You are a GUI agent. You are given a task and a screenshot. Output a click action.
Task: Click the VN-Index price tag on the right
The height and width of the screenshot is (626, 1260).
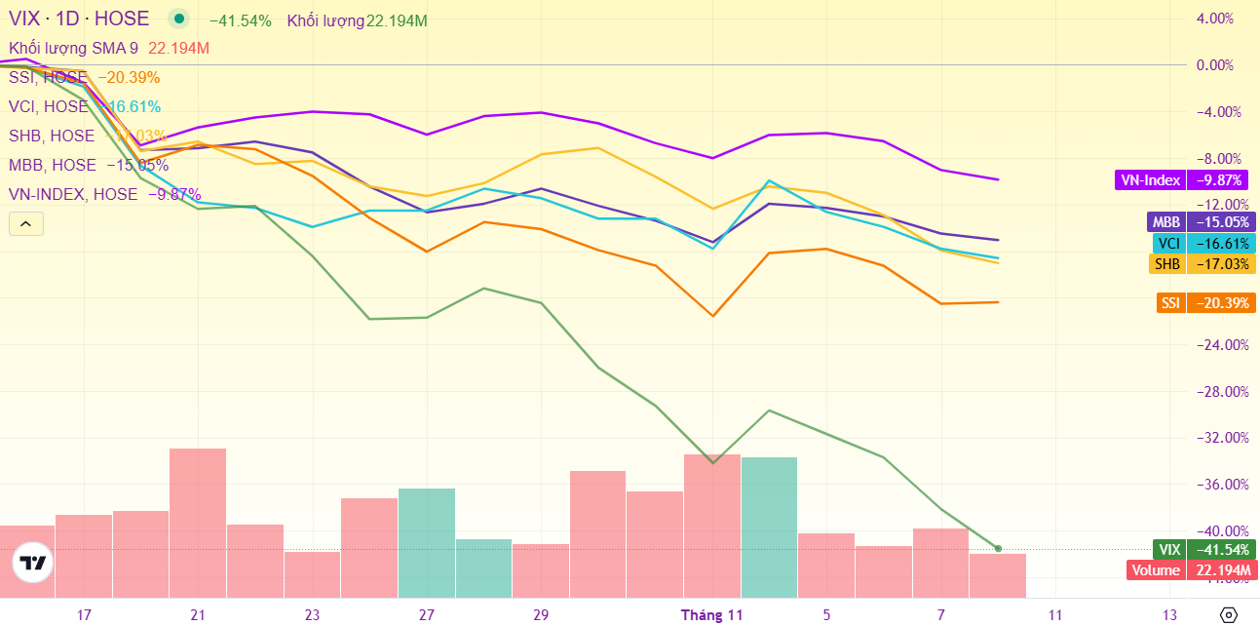point(1183,180)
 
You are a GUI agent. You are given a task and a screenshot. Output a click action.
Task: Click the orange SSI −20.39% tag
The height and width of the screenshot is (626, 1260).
point(1206,303)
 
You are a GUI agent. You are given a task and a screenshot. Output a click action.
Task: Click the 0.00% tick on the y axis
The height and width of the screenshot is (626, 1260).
point(1214,65)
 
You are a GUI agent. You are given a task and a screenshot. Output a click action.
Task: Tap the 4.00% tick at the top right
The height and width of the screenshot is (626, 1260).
point(1214,19)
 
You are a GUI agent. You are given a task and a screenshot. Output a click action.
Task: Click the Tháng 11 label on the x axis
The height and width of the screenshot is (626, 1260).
point(710,615)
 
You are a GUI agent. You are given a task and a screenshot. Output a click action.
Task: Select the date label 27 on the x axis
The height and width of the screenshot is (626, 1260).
point(427,615)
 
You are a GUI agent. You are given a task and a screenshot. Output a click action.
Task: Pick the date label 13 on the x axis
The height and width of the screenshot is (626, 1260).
point(1170,615)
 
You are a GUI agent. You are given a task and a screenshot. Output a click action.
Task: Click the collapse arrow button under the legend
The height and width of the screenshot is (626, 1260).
point(25,224)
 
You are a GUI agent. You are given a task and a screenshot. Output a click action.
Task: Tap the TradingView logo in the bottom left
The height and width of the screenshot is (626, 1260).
point(33,563)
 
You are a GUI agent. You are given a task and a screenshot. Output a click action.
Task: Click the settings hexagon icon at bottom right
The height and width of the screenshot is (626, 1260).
point(1229,614)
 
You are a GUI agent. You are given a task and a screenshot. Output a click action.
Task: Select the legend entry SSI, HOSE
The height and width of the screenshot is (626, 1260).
point(49,78)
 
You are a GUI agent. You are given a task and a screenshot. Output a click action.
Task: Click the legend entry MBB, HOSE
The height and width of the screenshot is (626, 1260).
point(53,166)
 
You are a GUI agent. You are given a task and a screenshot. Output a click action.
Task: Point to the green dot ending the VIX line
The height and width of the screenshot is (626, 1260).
point(998,549)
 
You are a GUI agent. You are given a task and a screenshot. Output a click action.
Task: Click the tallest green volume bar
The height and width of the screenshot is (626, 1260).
point(769,527)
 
